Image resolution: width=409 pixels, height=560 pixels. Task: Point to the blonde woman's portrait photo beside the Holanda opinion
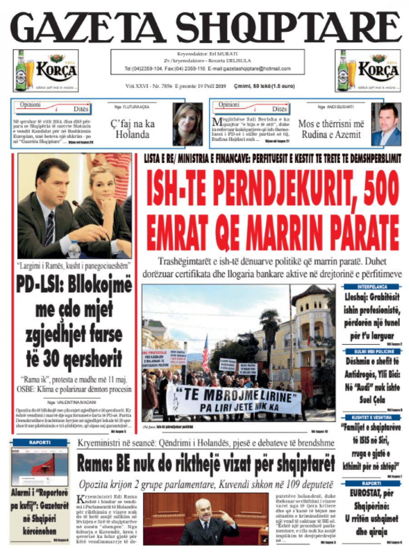coord(187,124)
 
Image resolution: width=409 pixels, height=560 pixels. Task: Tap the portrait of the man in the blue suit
coord(386,124)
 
